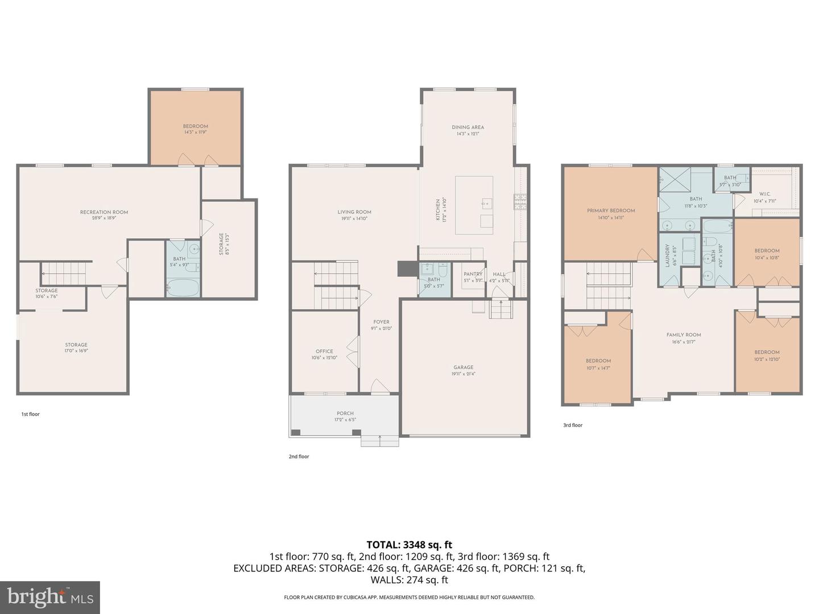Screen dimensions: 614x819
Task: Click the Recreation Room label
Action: pos(104,212)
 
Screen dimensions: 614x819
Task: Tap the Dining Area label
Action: pos(468,127)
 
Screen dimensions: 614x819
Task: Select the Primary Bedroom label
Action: pos(611,210)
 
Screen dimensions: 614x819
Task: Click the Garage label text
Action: pos(464,367)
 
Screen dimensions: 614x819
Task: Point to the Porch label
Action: pos(345,413)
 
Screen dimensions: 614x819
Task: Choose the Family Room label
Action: pos(684,335)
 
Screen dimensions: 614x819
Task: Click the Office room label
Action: pos(324,351)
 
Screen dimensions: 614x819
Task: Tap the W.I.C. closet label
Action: pos(764,194)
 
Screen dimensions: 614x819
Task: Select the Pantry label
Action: pos(473,274)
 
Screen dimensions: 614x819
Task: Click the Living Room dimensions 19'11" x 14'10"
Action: pos(354,218)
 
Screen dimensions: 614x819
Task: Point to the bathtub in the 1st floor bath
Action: pos(183,288)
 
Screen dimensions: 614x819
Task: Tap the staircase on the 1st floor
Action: pos(64,273)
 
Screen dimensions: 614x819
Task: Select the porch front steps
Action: pos(372,441)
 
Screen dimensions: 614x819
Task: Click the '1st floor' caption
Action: pos(31,414)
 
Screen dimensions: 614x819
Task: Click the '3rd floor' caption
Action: pos(573,425)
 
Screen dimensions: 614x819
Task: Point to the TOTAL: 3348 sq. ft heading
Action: pos(409,545)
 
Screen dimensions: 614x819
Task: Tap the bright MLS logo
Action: pos(50,597)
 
